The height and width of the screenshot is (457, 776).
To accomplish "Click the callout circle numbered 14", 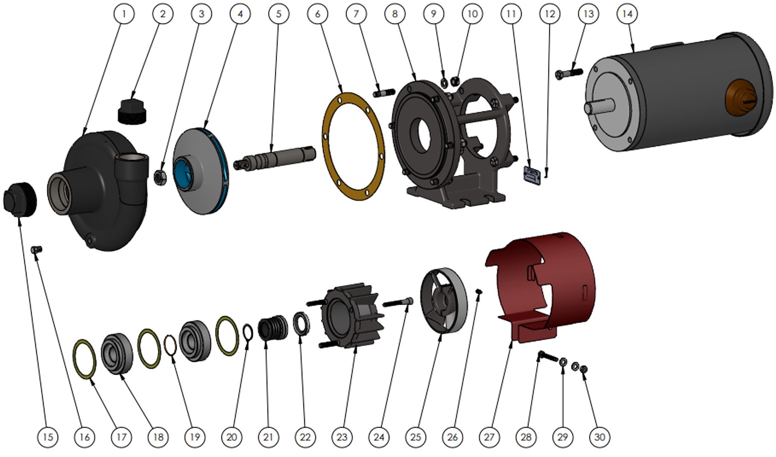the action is pyautogui.click(x=627, y=14).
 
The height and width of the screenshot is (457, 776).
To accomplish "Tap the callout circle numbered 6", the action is pyautogui.click(x=317, y=14).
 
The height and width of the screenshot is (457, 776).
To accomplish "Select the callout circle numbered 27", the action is pyautogui.click(x=489, y=437).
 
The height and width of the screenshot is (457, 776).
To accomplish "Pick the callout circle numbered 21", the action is pyautogui.click(x=268, y=437).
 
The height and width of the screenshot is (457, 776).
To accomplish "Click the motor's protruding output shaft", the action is pyautogui.click(x=599, y=106).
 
